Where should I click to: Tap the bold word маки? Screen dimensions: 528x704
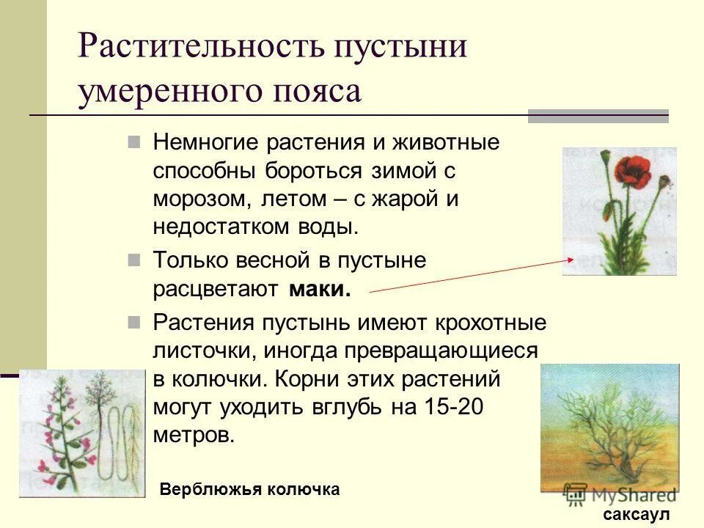pos(320,289)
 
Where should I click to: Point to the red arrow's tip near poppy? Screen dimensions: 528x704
pos(573,259)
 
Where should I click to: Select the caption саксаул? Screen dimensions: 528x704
pos(637,515)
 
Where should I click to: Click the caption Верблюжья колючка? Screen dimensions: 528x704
pos(249,489)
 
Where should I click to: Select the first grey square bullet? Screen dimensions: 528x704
pos(133,142)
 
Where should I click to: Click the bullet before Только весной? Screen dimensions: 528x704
pos(133,260)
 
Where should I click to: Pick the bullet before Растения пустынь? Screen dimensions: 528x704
pos(133,323)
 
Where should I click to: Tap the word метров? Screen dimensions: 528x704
pos(194,434)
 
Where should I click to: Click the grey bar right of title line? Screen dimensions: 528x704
pos(598,116)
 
